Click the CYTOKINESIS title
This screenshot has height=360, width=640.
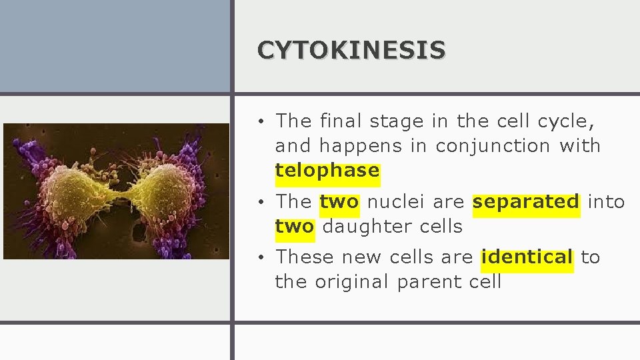coord(351,50)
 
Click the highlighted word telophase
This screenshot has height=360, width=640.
coord(327,171)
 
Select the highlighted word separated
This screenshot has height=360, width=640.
coord(526,201)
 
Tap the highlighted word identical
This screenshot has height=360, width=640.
coord(527,257)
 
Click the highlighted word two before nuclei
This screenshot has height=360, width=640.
coord(339,201)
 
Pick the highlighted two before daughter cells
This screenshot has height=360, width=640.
coord(294,227)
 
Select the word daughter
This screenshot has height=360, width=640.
coord(364,227)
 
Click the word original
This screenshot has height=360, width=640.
coord(353,282)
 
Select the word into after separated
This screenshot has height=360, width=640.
coord(606,201)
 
